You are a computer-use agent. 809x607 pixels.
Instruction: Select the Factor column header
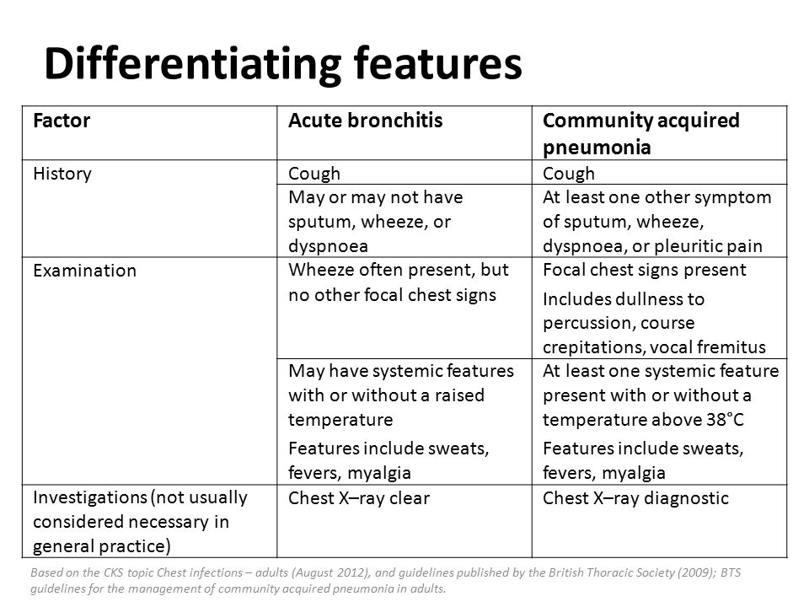coord(62,121)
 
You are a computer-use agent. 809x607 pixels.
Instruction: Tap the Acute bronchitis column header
coord(365,121)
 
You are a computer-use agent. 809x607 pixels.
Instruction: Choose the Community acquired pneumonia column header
coord(640,134)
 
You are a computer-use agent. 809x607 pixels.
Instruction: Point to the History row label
coord(62,174)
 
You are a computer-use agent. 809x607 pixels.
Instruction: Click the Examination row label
coord(84,271)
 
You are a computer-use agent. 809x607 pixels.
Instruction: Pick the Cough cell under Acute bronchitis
coord(314,174)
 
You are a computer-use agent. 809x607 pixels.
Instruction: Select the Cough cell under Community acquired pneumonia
coord(569,174)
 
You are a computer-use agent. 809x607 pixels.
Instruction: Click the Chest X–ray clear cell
coord(359,498)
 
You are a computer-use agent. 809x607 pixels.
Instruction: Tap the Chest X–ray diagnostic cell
coord(635,498)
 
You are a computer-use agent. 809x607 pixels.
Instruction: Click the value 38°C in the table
coord(726,420)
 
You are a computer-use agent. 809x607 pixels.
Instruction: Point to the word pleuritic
coord(688,246)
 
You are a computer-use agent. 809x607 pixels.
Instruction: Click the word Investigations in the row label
coord(90,497)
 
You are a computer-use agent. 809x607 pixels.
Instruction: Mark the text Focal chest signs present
coord(645,270)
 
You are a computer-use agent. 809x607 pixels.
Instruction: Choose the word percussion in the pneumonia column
coord(589,323)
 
